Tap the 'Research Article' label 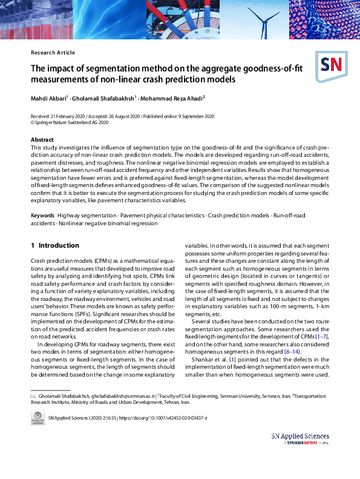[53, 53]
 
